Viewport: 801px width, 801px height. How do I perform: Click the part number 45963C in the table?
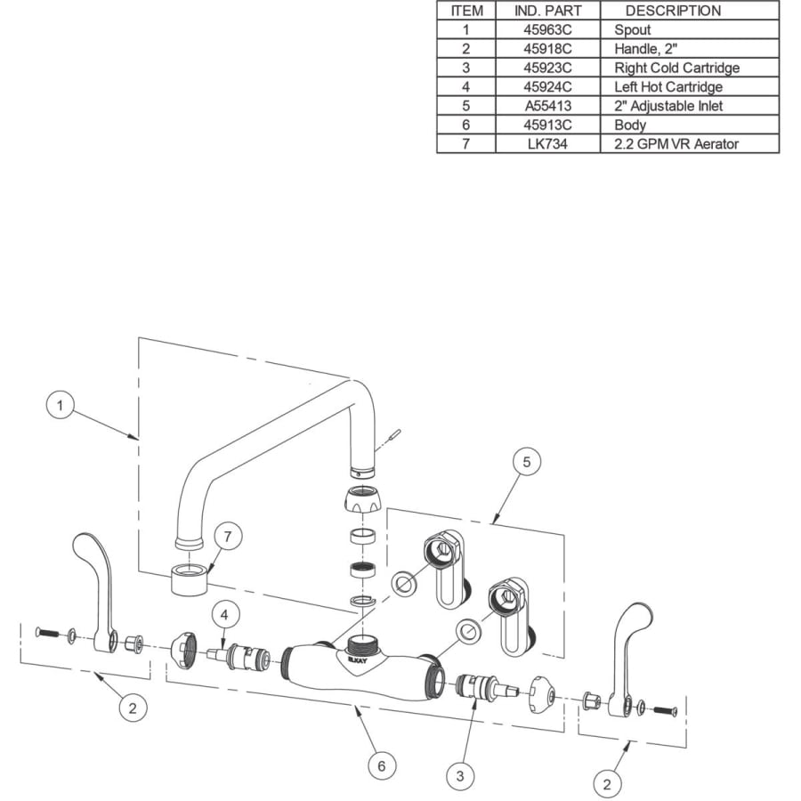[547, 29]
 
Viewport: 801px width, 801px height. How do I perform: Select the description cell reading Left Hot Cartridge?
[667, 87]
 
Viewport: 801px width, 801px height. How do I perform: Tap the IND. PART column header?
[547, 11]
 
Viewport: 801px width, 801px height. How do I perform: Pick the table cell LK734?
[547, 144]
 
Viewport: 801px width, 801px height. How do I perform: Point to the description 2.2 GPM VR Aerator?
[676, 144]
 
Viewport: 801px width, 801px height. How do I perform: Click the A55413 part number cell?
[547, 106]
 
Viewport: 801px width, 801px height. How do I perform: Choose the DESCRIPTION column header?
[673, 11]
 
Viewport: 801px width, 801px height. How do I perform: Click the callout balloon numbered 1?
[61, 407]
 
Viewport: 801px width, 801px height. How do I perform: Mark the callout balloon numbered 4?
[224, 615]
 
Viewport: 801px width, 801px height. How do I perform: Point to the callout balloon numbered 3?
[459, 776]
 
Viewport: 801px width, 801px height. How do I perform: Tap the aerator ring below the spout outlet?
[188, 579]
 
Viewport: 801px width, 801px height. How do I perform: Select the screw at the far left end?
[46, 632]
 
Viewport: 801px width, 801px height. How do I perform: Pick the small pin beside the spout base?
[393, 433]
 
